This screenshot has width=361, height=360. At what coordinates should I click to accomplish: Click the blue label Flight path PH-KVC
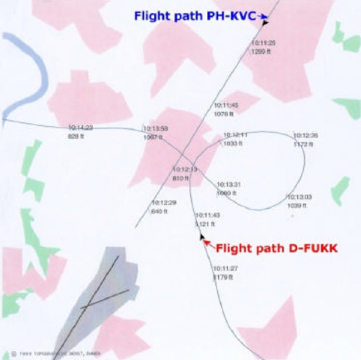point(195,16)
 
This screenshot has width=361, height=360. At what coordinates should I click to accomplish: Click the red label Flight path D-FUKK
point(276,248)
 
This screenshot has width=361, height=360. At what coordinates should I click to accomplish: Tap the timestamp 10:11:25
point(264,43)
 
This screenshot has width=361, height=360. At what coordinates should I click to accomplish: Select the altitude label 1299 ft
point(260,52)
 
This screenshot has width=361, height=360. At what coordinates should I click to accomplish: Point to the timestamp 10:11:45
point(226,106)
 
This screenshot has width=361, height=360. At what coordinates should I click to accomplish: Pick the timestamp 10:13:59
point(156,129)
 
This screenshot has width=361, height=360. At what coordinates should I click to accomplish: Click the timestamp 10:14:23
point(80,127)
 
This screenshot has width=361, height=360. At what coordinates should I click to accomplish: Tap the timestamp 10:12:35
point(306,135)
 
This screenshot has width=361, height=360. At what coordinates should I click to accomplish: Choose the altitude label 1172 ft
point(304,145)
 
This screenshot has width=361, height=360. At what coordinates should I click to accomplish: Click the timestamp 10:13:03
point(300,197)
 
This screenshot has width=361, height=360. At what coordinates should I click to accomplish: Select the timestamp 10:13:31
point(228,184)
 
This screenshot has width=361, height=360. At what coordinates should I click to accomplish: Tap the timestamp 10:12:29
point(164,202)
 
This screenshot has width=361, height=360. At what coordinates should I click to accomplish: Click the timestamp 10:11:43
point(208,215)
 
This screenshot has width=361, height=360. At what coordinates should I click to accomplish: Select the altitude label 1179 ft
point(223,277)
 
